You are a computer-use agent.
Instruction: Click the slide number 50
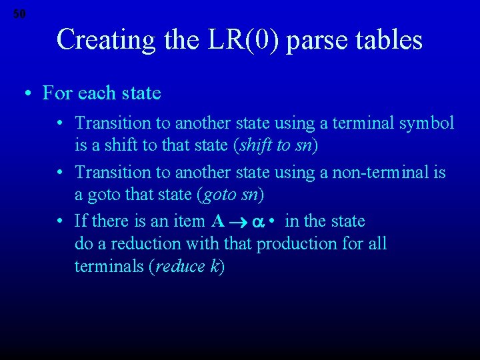pyautogui.click(x=19, y=13)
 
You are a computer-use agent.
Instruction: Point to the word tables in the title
pyautogui.click(x=389, y=40)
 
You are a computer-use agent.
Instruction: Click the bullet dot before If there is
pyautogui.click(x=61, y=221)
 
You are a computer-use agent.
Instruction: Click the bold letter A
pyautogui.click(x=217, y=221)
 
